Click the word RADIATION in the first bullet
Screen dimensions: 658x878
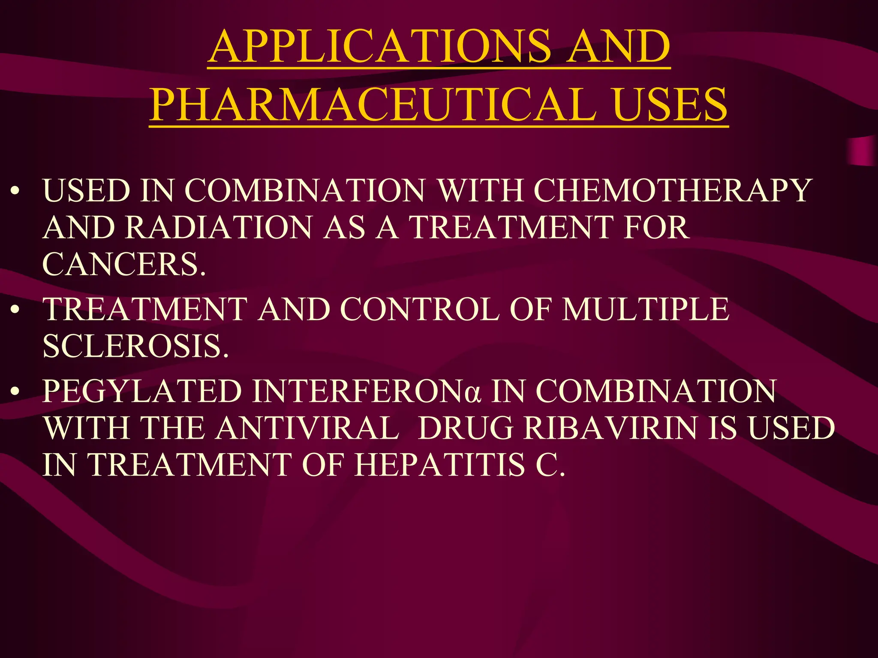point(219,227)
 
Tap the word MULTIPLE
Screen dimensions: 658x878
point(645,309)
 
